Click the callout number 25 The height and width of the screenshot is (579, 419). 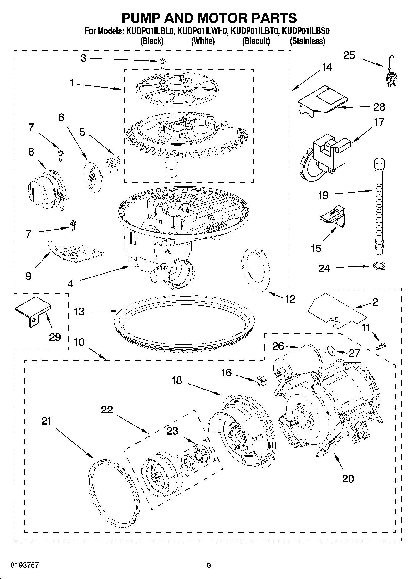point(349,55)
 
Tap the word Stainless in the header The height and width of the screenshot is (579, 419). point(307,41)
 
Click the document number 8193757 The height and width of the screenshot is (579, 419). point(25,565)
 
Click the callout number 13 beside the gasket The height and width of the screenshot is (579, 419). point(79,312)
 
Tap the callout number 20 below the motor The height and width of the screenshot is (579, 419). point(348,478)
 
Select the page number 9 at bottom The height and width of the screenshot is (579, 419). point(209,566)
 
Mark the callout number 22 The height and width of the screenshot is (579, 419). point(107,410)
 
